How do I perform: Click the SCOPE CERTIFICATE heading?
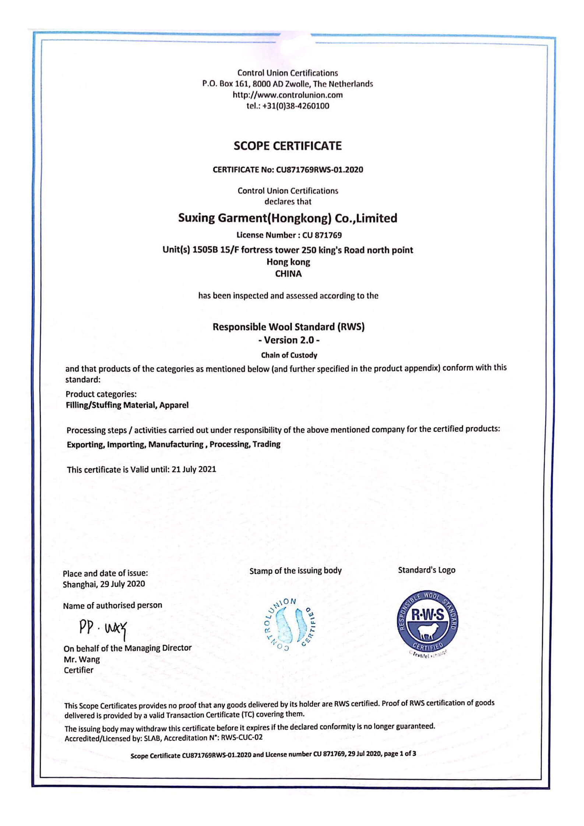coord(288,146)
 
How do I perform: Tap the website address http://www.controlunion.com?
coord(288,95)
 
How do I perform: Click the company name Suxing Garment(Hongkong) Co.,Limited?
coord(288,218)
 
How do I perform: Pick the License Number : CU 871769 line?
coord(289,235)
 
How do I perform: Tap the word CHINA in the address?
coord(288,274)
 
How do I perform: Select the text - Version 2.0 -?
coord(288,340)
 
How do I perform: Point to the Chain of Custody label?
coord(289,355)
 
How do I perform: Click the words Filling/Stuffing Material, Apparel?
coord(127,405)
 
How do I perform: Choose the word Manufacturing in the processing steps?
coord(176,444)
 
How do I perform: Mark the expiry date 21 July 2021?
coord(194,469)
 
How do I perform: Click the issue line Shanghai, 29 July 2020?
coord(104,584)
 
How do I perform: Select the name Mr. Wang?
coord(82,659)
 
